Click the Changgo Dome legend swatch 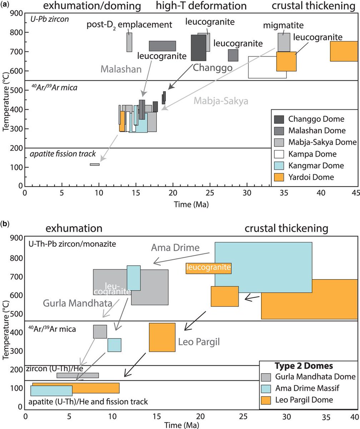pyautogui.click(x=279, y=119)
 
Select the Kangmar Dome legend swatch pyautogui.click(x=279, y=166)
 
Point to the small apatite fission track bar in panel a pyautogui.click(x=95, y=164)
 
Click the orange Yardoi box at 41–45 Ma pyautogui.click(x=344, y=51)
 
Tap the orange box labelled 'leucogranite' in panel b pyautogui.click(x=209, y=268)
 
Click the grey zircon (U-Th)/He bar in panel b pyautogui.click(x=77, y=375)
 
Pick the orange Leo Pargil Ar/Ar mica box pyautogui.click(x=162, y=337)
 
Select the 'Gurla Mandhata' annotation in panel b pyautogui.click(x=77, y=304)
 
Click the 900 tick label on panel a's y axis pyautogui.click(x=15, y=13)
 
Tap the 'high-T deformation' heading pyautogui.click(x=201, y=6)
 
